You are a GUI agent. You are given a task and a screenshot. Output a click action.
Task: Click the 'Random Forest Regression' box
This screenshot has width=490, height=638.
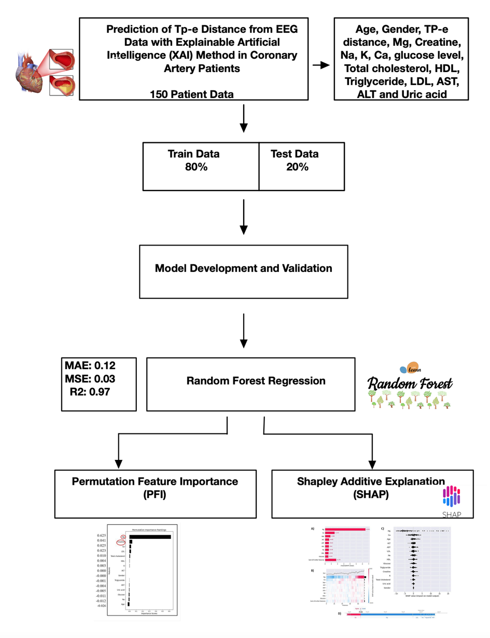(255, 381)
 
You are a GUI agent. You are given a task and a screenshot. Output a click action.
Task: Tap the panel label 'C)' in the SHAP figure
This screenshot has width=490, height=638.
(383, 528)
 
